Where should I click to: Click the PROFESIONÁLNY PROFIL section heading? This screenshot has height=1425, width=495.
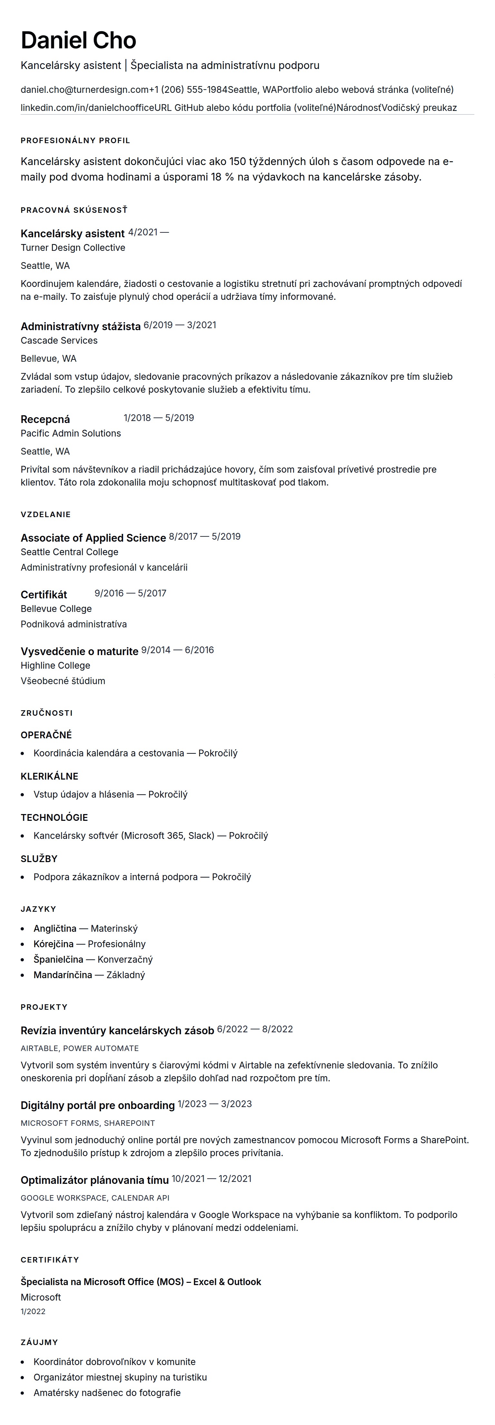pyautogui.click(x=75, y=141)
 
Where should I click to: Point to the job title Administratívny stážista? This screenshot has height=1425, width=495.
pyautogui.click(x=80, y=326)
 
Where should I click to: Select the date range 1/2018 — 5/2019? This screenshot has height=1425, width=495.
pyautogui.click(x=159, y=418)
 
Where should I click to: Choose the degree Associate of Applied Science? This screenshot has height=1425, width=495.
pyautogui.click(x=93, y=538)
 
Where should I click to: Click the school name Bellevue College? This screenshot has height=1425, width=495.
pyautogui.click(x=56, y=608)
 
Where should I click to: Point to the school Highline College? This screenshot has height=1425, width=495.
pyautogui.click(x=55, y=665)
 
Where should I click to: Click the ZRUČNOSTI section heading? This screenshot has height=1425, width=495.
pyautogui.click(x=46, y=713)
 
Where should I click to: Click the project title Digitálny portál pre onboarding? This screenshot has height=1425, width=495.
pyautogui.click(x=97, y=1105)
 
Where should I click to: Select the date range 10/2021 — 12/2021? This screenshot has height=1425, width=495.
pyautogui.click(x=211, y=1179)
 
